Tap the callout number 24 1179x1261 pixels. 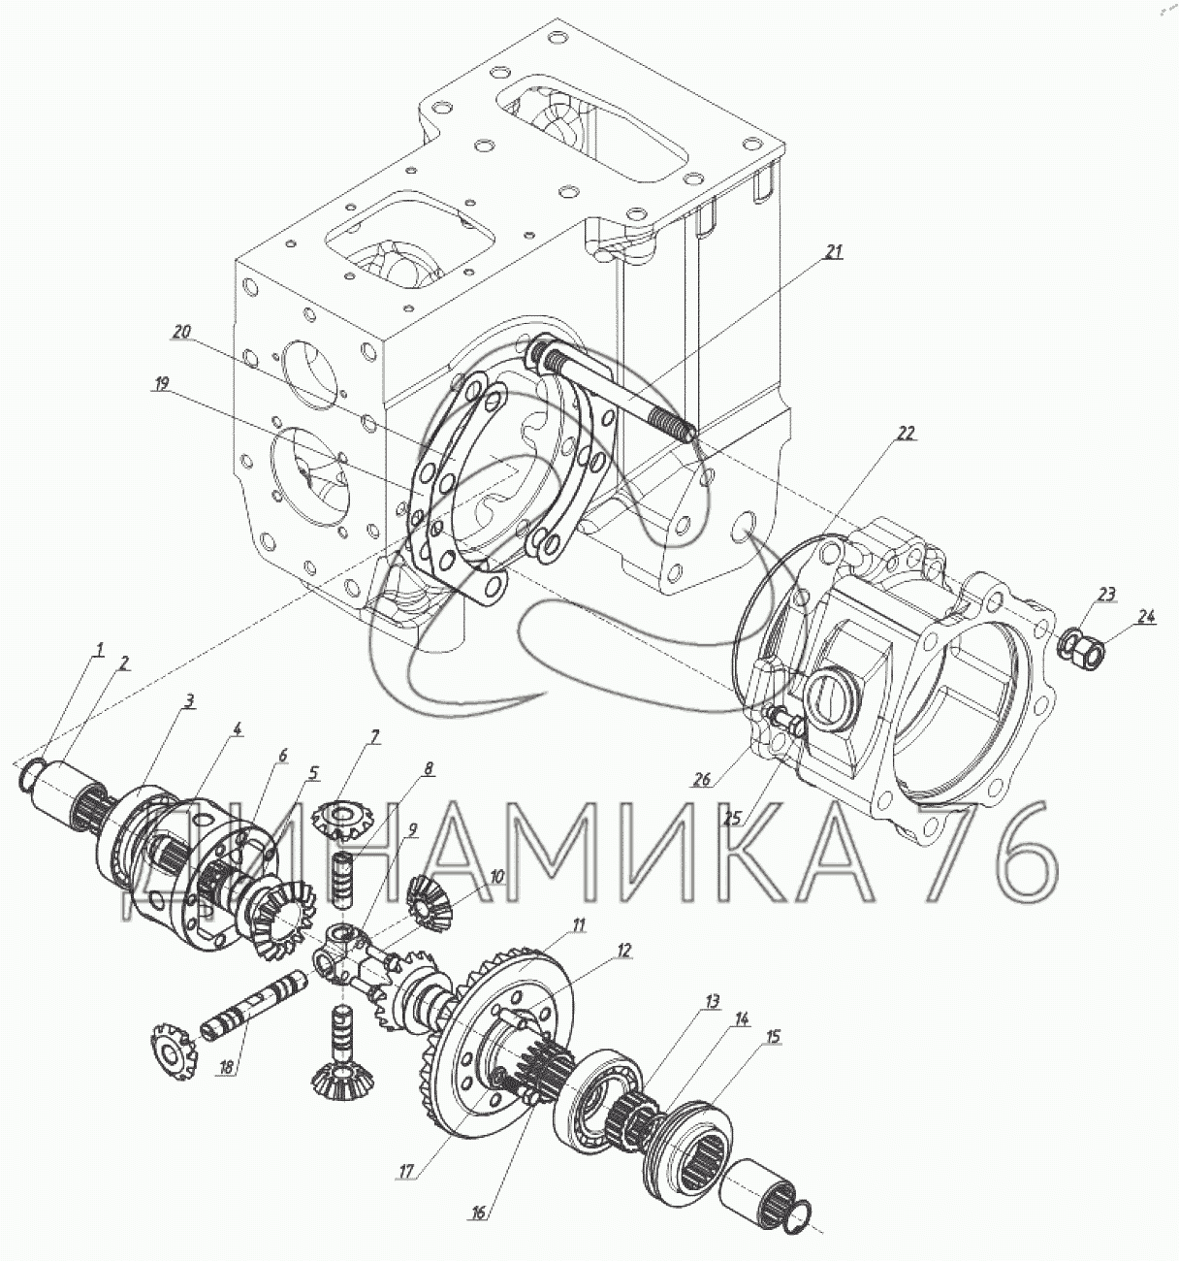[x=1148, y=615]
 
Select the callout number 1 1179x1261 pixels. [x=98, y=652]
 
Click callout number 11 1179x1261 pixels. [x=579, y=925]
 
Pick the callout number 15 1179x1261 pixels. [x=773, y=1037]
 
